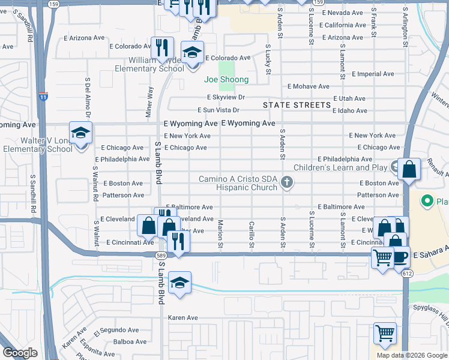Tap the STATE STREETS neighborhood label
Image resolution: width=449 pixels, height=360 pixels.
click(297, 105)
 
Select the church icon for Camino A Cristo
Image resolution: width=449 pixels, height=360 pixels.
click(287, 182)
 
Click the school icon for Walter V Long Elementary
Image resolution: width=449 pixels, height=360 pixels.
click(80, 133)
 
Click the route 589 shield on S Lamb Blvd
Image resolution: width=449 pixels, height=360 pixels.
click(161, 256)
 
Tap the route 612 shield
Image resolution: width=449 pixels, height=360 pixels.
click(408, 273)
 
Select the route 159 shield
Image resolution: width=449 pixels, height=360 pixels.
click(53, 4)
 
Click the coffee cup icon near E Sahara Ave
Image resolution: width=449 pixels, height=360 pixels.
click(400, 256)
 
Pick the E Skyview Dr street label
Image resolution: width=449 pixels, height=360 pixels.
click(226, 97)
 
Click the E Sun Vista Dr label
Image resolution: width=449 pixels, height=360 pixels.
click(219, 110)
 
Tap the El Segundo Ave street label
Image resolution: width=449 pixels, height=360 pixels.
click(116, 330)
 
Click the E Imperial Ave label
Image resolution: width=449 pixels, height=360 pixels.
click(373, 74)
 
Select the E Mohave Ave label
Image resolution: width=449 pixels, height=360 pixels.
click(309, 86)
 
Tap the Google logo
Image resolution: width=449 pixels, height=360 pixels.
click(20, 353)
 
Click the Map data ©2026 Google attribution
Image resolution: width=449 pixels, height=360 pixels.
click(412, 355)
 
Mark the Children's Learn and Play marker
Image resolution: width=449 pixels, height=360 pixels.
click(395, 166)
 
